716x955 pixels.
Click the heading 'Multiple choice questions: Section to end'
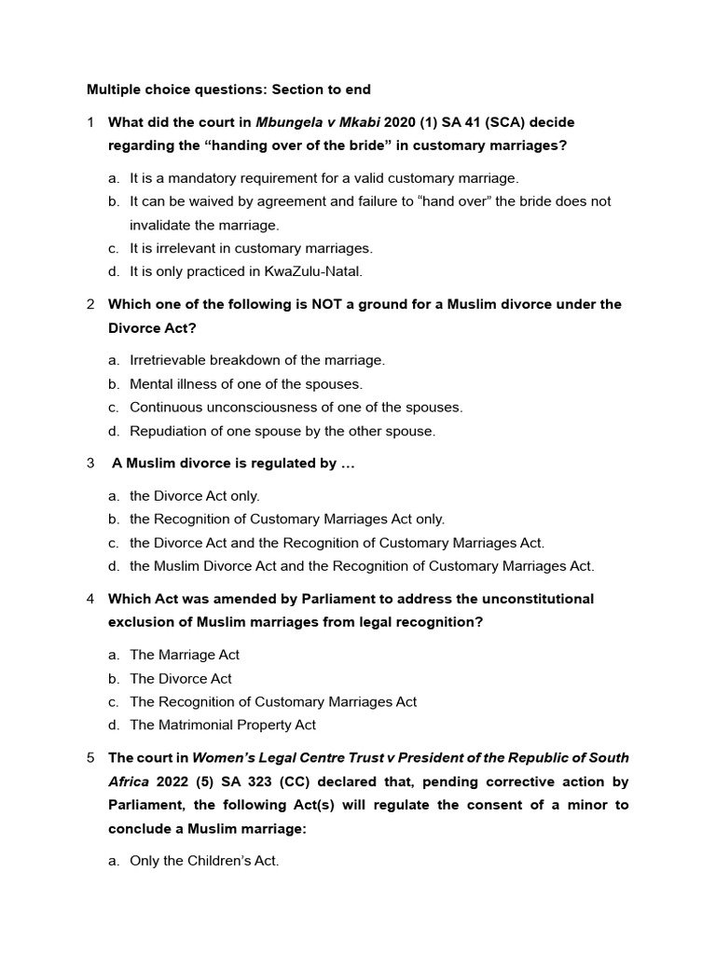coord(228,90)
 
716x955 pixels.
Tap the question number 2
coord(90,304)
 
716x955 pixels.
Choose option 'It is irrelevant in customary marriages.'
coord(251,248)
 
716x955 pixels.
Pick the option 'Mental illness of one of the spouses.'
coord(246,383)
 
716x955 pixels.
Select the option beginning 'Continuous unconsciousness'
coord(296,407)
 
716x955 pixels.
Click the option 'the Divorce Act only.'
coord(195,495)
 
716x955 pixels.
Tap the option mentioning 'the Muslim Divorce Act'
coord(361,565)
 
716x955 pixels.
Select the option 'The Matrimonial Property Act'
coord(223,725)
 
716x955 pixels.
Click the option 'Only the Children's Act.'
coord(204,861)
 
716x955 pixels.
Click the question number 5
coord(90,757)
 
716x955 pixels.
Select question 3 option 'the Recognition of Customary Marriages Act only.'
coord(287,519)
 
